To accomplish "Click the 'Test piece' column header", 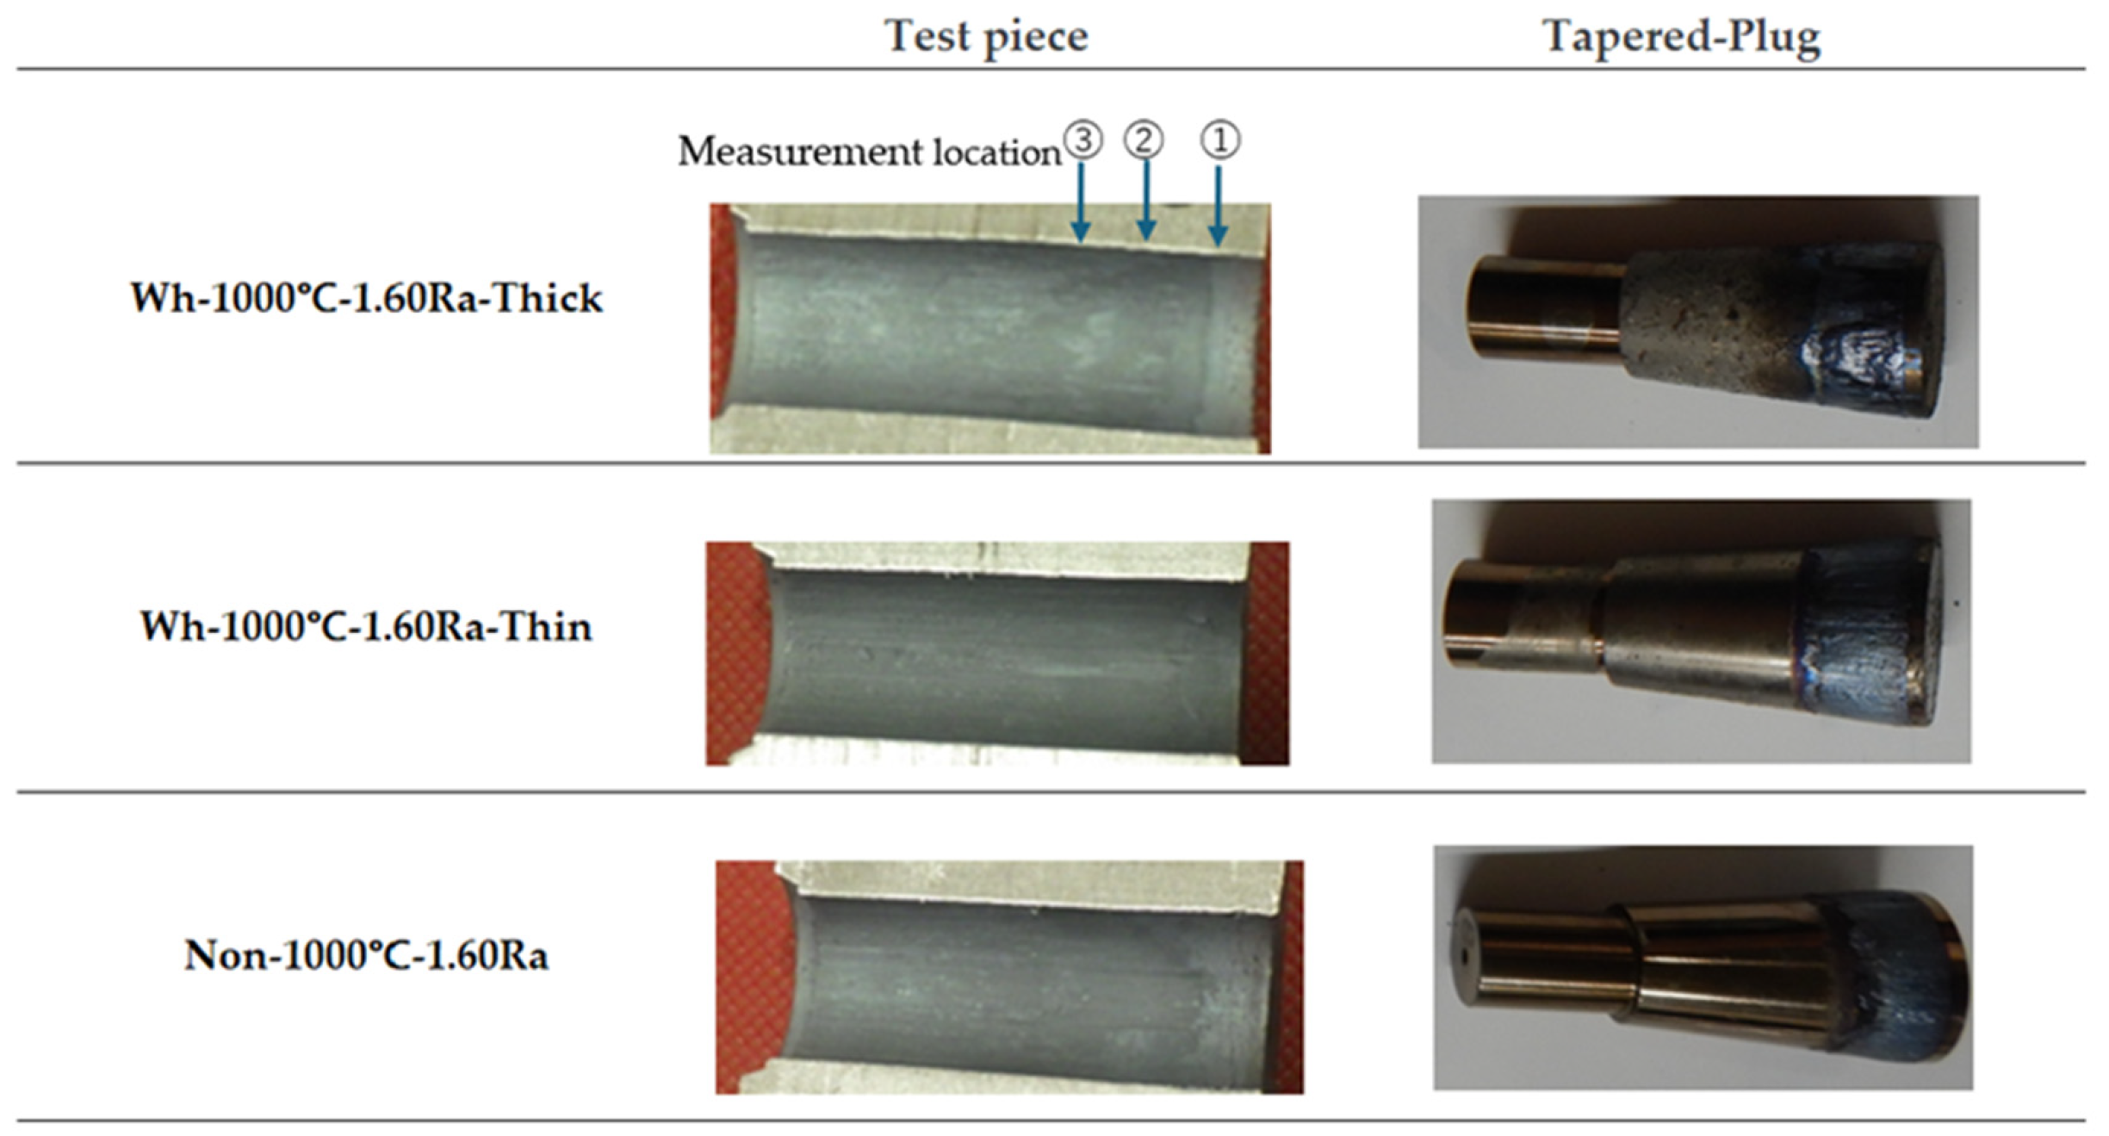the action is (986, 36).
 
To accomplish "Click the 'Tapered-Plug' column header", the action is (1681, 36).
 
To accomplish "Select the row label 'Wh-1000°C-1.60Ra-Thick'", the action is (367, 298).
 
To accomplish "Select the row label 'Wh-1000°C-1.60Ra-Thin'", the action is (367, 626).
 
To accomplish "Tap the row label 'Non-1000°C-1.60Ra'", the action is (367, 955).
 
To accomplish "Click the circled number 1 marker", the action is (1220, 140).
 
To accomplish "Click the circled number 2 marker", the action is (1144, 140).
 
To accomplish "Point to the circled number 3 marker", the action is (1082, 140).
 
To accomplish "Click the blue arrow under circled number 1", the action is (1218, 206).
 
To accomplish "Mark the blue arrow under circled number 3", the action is (1082, 202).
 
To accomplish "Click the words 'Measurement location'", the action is (869, 152).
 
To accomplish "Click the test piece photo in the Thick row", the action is (990, 328).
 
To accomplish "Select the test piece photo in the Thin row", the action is (997, 653).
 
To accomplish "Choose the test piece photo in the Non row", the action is (1009, 978).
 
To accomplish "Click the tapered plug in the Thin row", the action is (1692, 633).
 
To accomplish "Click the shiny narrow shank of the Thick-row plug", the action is (1546, 306).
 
